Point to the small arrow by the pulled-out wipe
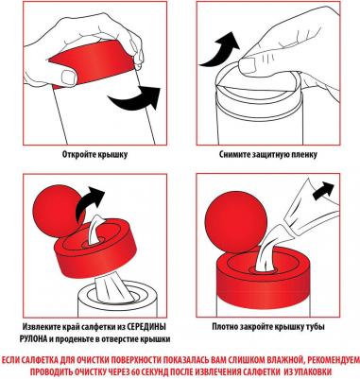323,190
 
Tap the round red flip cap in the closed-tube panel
236,220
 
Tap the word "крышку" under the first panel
111,155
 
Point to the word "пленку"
304,155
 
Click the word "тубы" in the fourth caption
316,327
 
